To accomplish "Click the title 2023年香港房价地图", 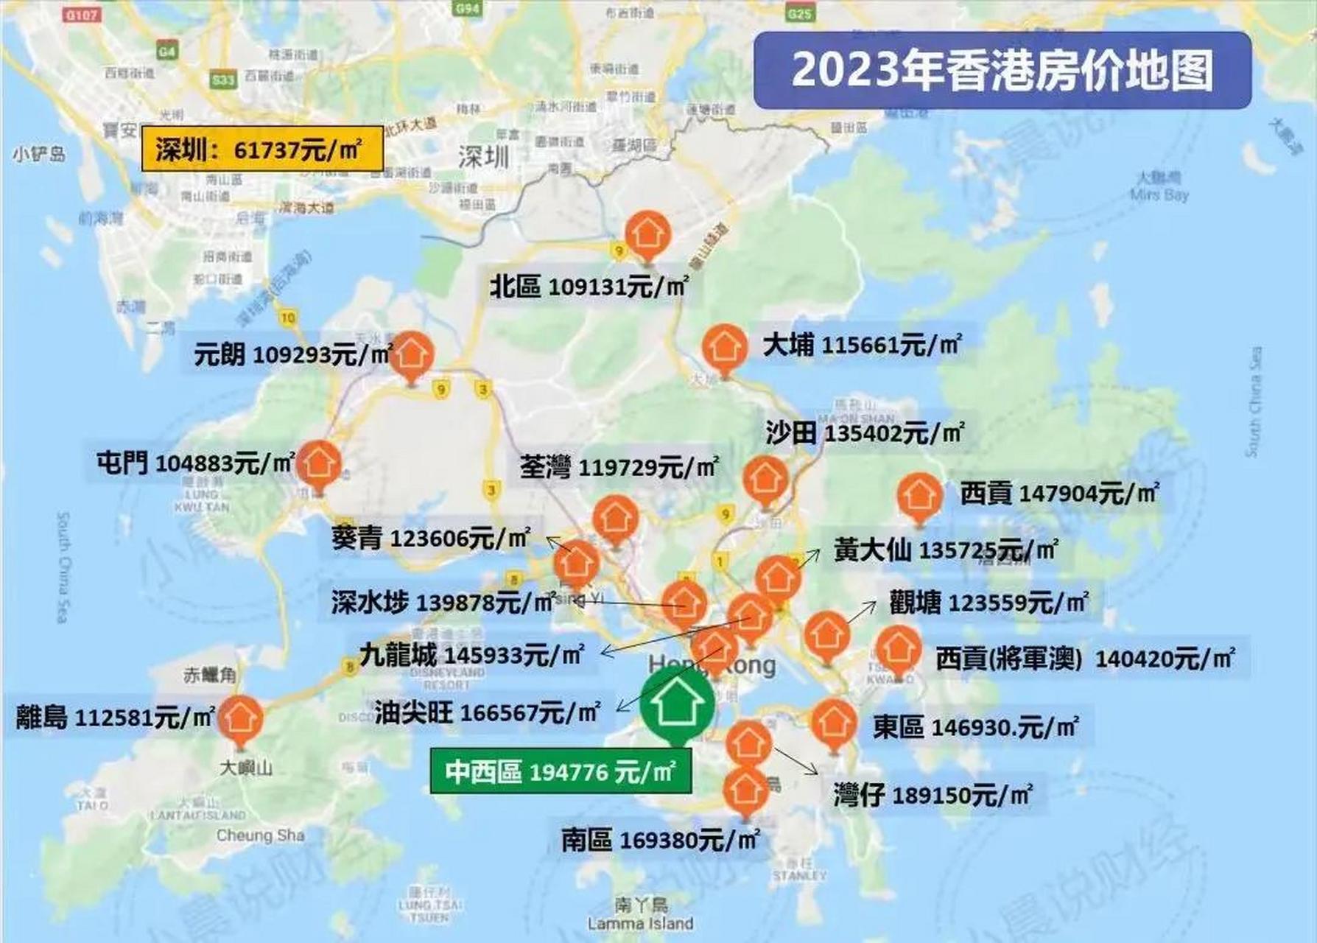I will click(1002, 70).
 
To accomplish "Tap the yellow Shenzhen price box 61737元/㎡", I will click(262, 150).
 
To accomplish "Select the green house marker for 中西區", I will click(676, 704).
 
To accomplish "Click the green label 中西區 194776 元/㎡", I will click(561, 771).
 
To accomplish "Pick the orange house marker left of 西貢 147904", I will click(919, 496).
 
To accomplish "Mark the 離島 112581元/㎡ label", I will click(116, 717).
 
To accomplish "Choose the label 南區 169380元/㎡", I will click(660, 840).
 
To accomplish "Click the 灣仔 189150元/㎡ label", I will click(933, 796).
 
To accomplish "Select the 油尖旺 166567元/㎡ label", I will click(487, 712).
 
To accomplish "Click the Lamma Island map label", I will click(640, 923).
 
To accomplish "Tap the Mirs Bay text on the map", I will click(1159, 194).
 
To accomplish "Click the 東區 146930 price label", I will click(975, 728).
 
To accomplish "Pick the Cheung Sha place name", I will click(260, 835).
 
